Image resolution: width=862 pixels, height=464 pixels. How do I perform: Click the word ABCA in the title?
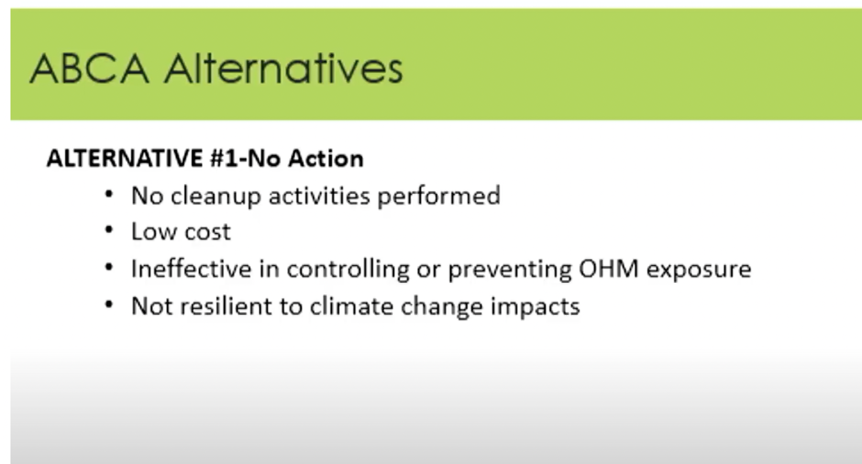[89, 69]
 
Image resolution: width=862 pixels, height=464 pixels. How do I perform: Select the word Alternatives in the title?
[284, 69]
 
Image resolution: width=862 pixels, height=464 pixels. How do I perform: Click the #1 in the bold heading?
[224, 158]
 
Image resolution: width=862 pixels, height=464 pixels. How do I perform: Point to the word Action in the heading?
[326, 158]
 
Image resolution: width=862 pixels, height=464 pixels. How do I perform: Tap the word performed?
[439, 196]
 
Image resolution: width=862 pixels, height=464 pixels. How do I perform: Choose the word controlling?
[348, 269]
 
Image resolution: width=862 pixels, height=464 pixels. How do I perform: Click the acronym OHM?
[609, 269]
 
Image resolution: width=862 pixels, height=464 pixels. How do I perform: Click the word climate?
[352, 306]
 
